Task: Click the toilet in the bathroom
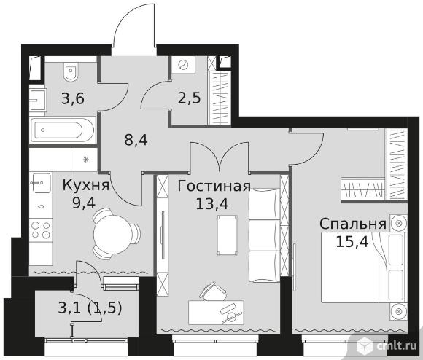(x=71, y=72)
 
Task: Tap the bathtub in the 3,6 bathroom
(x=63, y=130)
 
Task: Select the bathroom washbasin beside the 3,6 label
(x=37, y=100)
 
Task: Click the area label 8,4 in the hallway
(x=136, y=140)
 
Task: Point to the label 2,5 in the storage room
(x=190, y=98)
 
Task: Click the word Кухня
(x=86, y=185)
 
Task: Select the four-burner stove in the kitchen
(x=41, y=230)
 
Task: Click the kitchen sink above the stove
(x=42, y=183)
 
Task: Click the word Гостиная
(x=214, y=187)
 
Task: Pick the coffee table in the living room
(x=228, y=235)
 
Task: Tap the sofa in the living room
(x=264, y=235)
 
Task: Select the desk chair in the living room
(x=213, y=291)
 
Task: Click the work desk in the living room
(x=216, y=313)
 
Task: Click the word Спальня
(x=353, y=224)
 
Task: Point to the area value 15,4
(x=352, y=242)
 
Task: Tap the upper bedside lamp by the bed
(x=399, y=223)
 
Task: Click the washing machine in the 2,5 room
(x=184, y=64)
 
